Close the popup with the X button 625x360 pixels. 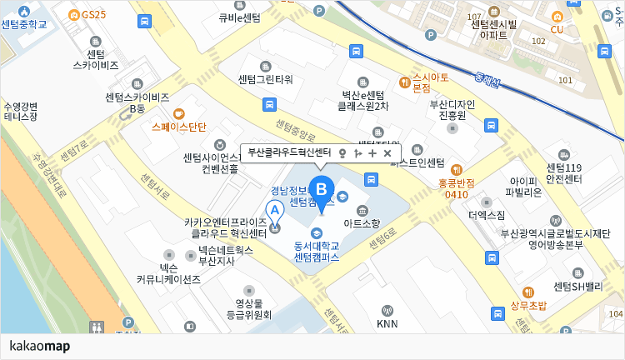click(387, 153)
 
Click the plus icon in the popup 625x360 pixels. click(372, 153)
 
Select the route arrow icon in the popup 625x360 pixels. click(357, 153)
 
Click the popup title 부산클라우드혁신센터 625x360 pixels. click(289, 152)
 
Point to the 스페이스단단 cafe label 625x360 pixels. click(178, 127)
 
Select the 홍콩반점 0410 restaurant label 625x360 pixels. click(456, 188)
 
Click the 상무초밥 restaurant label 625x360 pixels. click(527, 305)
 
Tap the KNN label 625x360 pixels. click(387, 323)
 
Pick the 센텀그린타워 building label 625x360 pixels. click(265, 80)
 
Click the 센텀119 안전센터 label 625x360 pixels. click(563, 173)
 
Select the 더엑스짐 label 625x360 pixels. click(487, 215)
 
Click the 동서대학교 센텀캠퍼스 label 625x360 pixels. click(316, 251)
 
